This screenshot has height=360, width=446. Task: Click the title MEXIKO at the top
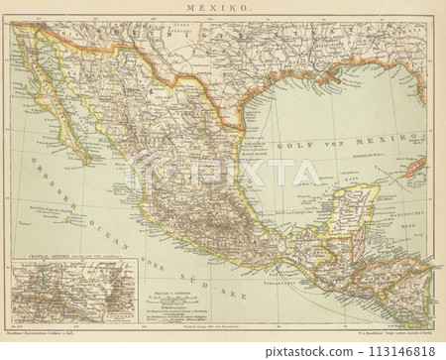[222, 8]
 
